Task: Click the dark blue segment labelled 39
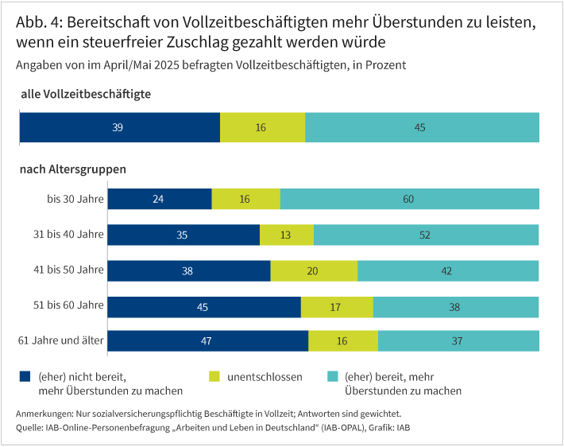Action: [x=119, y=127]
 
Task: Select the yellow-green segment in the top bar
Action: [x=262, y=127]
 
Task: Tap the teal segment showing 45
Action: [x=422, y=127]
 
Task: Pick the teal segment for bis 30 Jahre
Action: [x=409, y=199]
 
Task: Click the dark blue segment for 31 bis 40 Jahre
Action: [x=183, y=235]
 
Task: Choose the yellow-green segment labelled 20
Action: [x=314, y=270]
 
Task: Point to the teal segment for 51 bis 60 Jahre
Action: [x=456, y=306]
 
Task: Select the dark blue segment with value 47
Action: [x=207, y=341]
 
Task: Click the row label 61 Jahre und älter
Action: [x=61, y=341]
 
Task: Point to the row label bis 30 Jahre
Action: [x=75, y=199]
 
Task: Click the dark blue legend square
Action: [x=23, y=375]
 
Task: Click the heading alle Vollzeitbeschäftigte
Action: [x=86, y=94]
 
